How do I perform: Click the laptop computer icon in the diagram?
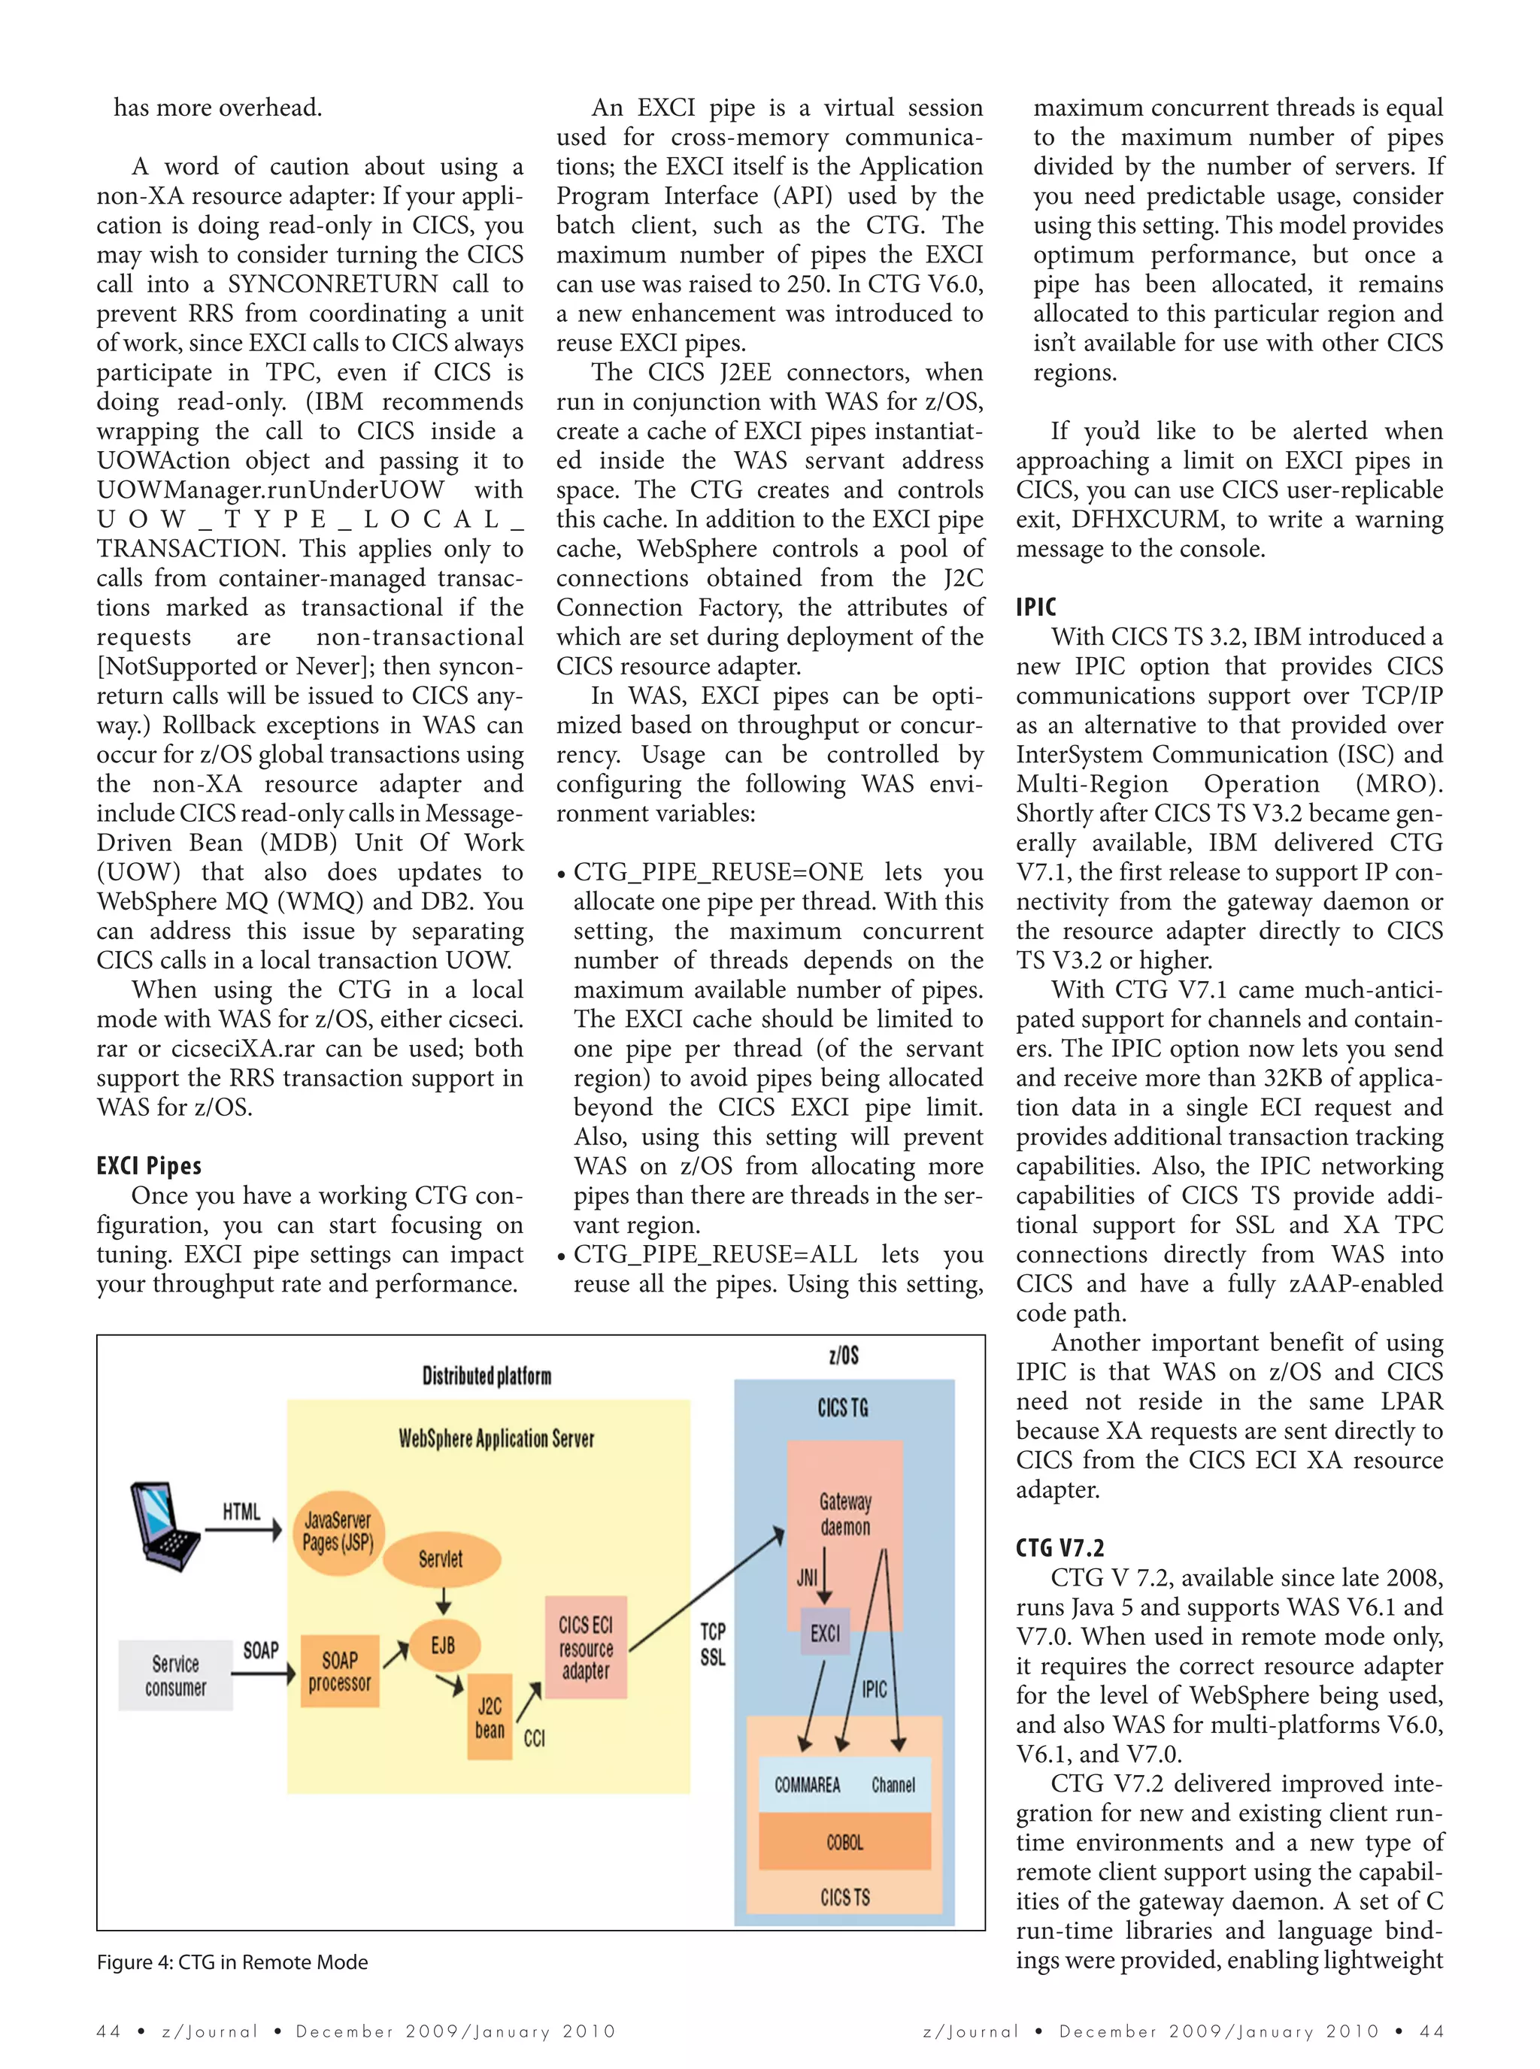(x=164, y=1525)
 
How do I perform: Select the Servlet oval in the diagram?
(x=441, y=1559)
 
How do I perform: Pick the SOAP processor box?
(x=339, y=1671)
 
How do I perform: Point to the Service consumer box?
(x=175, y=1675)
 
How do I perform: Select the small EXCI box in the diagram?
(x=825, y=1632)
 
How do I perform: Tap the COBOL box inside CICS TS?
(x=844, y=1842)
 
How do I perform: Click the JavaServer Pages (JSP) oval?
(x=338, y=1531)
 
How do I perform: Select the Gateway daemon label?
(x=845, y=1513)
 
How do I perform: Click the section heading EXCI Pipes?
(x=149, y=1166)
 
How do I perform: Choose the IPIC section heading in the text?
(x=1035, y=607)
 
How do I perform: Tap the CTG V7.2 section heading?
(x=1060, y=1548)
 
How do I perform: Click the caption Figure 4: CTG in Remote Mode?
(x=232, y=1961)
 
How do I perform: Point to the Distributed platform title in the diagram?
(x=487, y=1377)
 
